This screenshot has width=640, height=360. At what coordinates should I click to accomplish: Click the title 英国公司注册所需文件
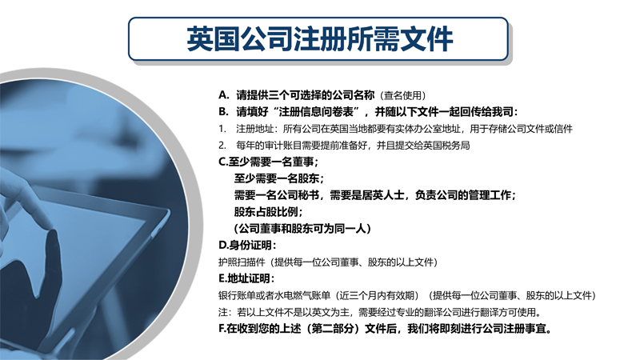(319, 39)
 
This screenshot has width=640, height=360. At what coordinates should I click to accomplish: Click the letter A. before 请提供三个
(224, 95)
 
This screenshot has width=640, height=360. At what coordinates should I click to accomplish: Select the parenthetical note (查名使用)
(403, 95)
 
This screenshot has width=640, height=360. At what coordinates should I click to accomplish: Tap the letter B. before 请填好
(223, 112)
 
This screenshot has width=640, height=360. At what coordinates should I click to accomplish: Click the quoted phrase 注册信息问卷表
(316, 112)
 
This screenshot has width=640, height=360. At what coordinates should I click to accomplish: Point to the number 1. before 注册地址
(222, 129)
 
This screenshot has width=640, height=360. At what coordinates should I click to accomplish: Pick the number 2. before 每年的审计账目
(222, 146)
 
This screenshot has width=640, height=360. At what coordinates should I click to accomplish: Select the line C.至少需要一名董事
(268, 162)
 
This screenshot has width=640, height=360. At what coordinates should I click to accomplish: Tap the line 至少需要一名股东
(278, 178)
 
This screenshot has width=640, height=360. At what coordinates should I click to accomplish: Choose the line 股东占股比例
(268, 212)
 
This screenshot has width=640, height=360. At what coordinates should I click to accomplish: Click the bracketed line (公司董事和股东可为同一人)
(302, 229)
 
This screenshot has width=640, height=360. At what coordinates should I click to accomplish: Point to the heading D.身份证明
(247, 246)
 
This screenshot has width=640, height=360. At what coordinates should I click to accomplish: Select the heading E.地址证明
(246, 278)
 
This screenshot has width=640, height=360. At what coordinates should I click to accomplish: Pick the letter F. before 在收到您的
(222, 329)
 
